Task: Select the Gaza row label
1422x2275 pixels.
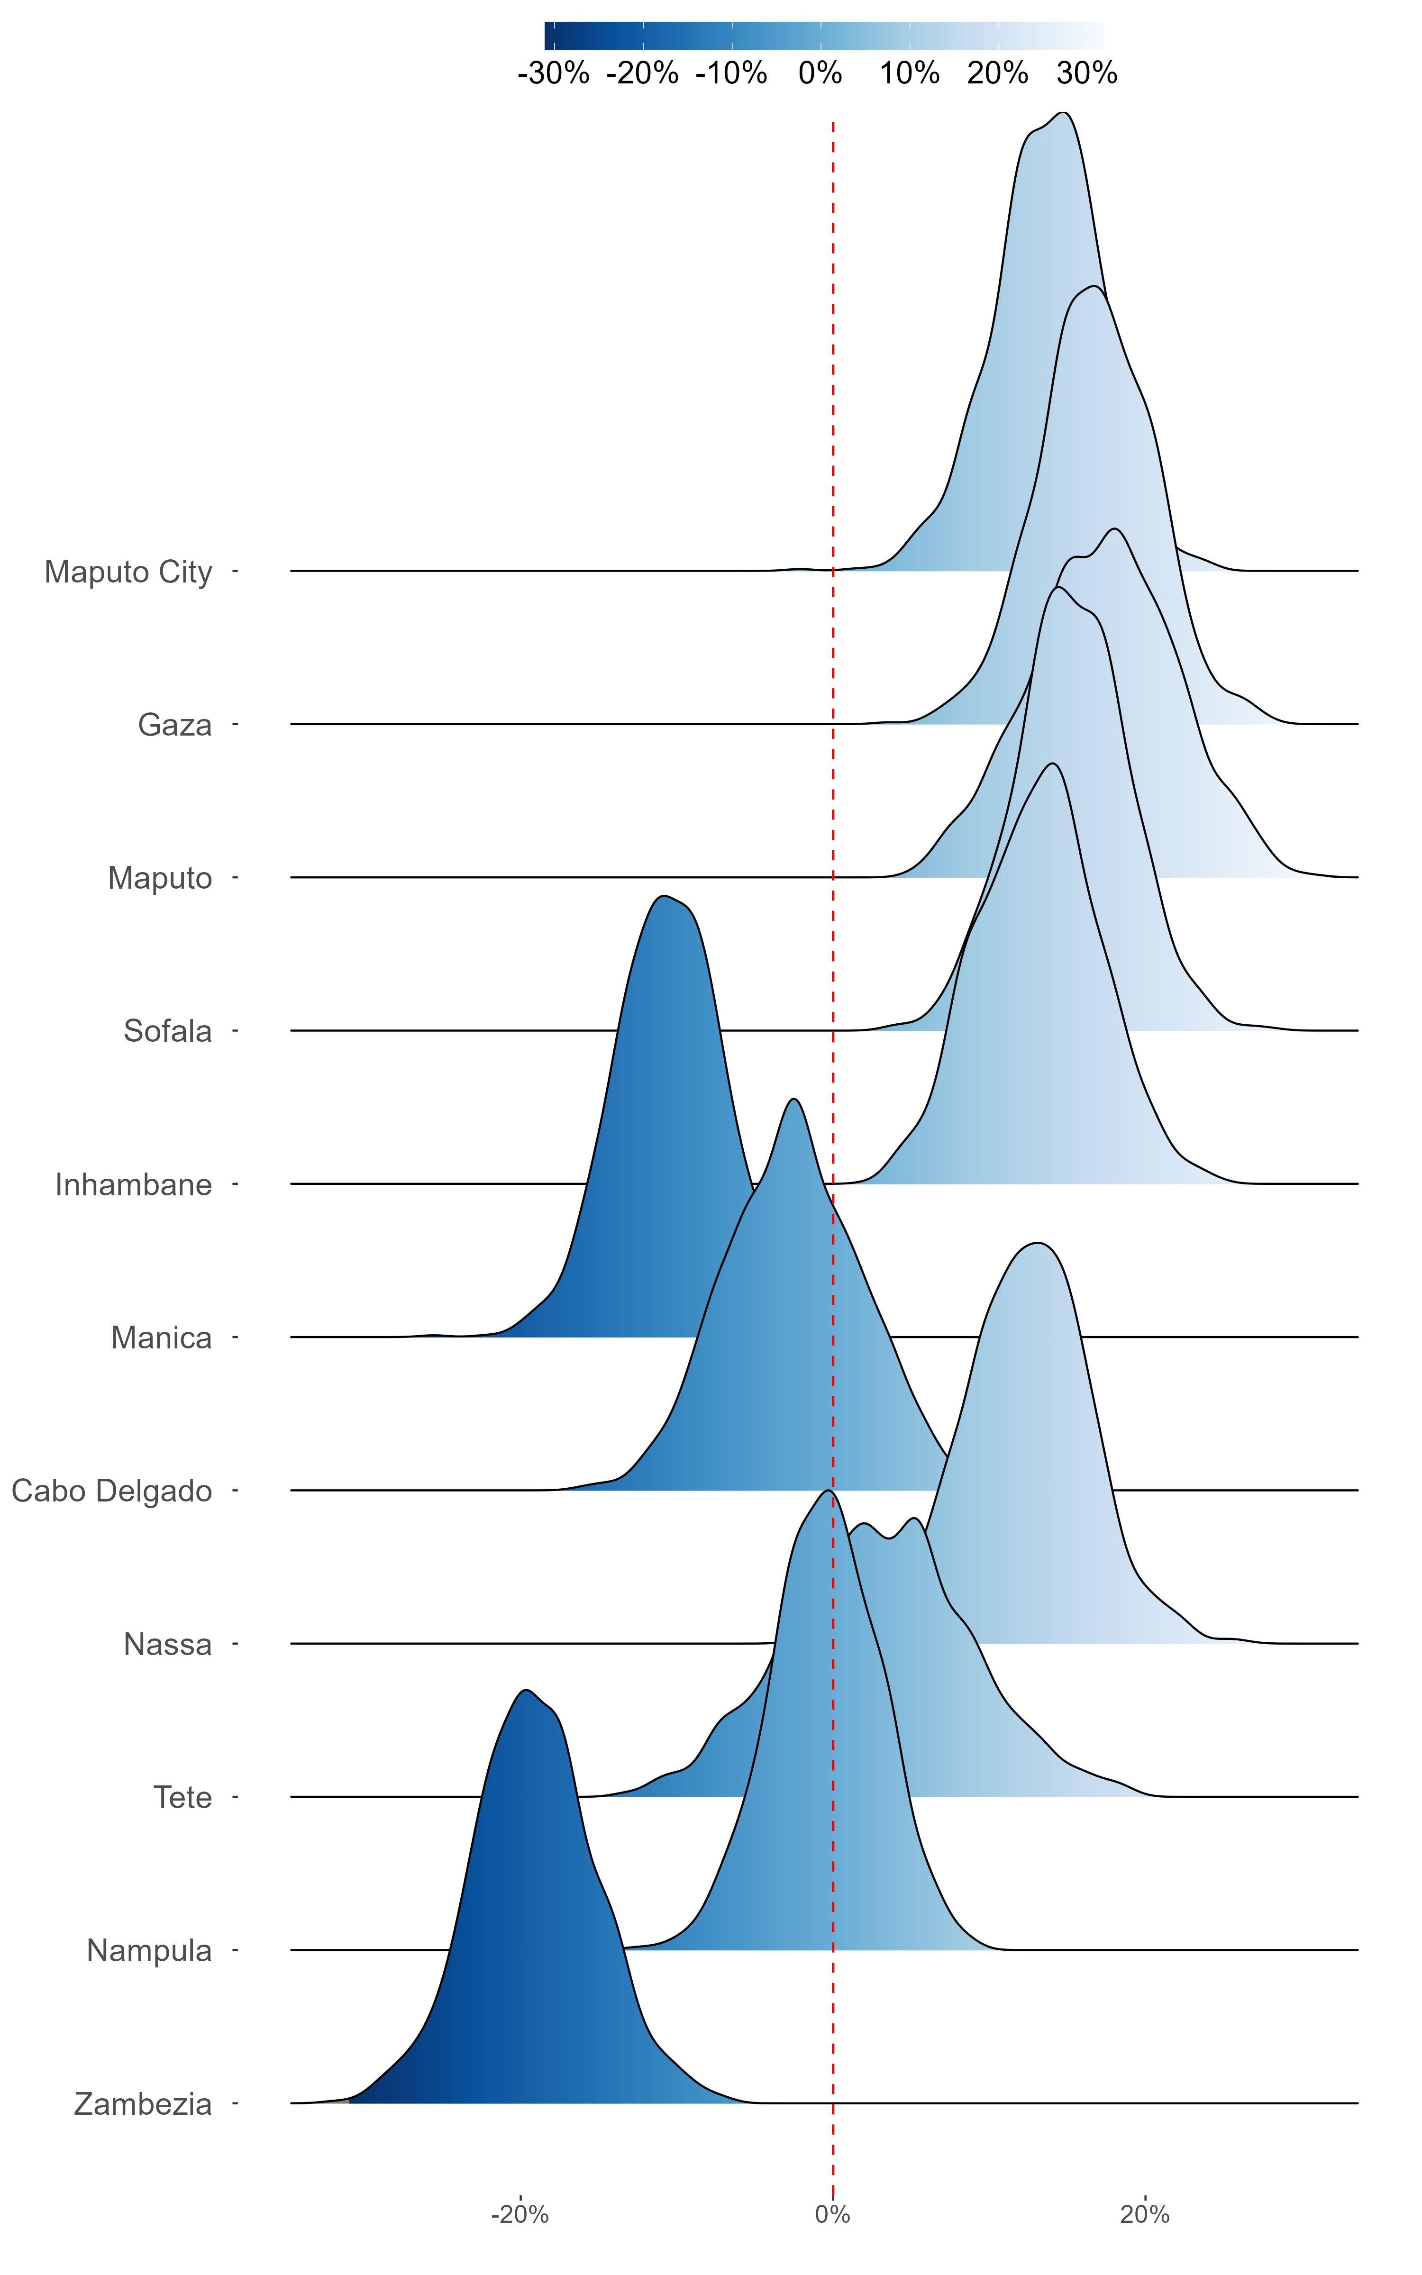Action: (x=175, y=725)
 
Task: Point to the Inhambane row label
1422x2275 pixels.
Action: (x=134, y=1184)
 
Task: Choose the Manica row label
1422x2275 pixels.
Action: (x=162, y=1338)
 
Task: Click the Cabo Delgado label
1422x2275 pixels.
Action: (x=112, y=1491)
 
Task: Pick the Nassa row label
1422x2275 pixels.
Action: (x=167, y=1644)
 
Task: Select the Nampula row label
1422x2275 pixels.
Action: (x=149, y=1951)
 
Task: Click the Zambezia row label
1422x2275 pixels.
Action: (x=143, y=2104)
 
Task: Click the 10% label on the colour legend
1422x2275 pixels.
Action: (x=910, y=73)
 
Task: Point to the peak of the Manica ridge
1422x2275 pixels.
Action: (x=664, y=896)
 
